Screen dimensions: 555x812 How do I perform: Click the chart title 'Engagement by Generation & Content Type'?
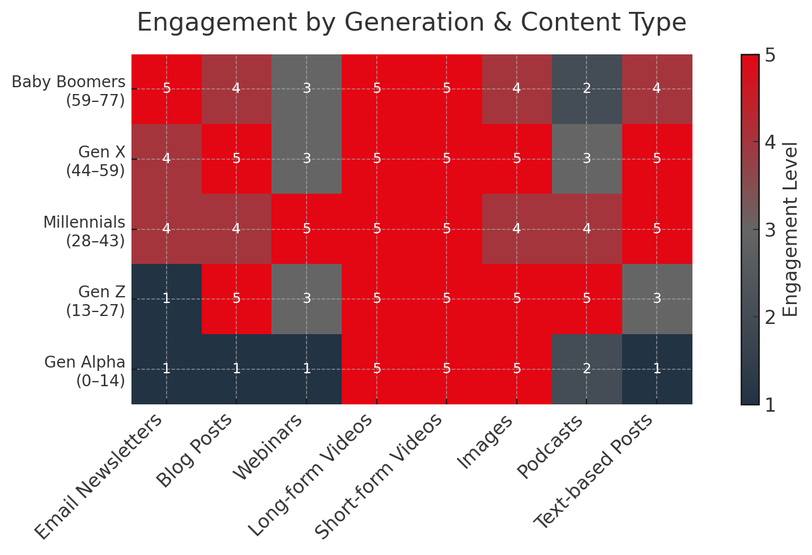(411, 23)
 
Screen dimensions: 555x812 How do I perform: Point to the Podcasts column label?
(550, 447)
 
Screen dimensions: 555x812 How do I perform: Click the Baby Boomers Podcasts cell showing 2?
(586, 89)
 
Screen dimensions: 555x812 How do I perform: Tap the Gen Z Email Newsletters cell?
(167, 299)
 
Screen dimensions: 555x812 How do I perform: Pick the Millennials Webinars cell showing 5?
(307, 229)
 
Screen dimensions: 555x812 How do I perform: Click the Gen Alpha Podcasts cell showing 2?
(586, 369)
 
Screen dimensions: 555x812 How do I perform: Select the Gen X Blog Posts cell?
(237, 159)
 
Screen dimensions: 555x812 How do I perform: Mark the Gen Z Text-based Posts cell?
(657, 299)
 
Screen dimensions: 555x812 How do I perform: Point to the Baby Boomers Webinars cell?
(307, 89)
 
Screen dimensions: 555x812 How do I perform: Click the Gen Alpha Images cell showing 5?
(517, 369)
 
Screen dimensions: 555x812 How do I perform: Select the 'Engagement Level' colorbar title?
(790, 229)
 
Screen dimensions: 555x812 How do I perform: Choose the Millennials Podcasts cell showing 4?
(586, 229)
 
